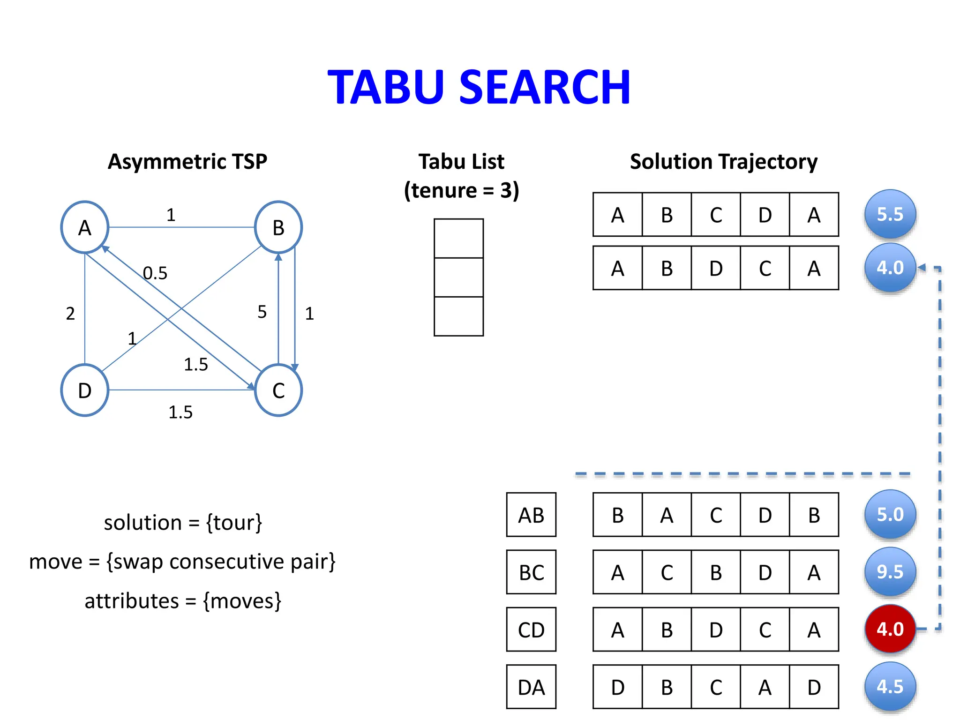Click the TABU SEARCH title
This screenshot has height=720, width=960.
click(x=479, y=87)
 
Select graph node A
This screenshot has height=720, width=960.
click(x=84, y=228)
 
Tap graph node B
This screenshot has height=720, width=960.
click(x=278, y=228)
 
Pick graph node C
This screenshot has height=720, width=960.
click(x=278, y=390)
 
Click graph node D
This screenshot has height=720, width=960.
click(x=84, y=390)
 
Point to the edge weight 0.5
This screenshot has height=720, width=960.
click(x=155, y=273)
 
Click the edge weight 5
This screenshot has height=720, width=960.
click(x=262, y=312)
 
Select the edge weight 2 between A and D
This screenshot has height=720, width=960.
click(x=70, y=314)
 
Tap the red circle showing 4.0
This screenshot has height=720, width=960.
click(x=890, y=629)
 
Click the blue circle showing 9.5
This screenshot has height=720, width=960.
click(x=890, y=572)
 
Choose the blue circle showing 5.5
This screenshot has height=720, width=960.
click(x=890, y=214)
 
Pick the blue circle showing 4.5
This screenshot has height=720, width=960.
click(x=890, y=687)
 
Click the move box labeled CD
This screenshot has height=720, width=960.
click(x=531, y=630)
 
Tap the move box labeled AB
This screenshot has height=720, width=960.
click(x=531, y=515)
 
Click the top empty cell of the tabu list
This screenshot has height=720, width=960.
click(x=458, y=239)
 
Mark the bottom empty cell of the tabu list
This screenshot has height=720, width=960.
click(x=458, y=316)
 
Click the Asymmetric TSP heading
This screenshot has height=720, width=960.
click(x=187, y=162)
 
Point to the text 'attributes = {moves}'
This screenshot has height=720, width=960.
click(x=183, y=601)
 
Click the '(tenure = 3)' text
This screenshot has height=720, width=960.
click(x=462, y=190)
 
